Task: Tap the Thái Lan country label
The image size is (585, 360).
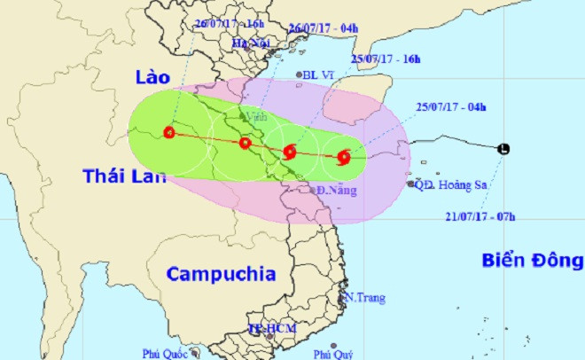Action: [123, 176]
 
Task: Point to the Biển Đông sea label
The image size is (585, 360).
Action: [533, 260]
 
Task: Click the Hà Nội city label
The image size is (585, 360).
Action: [249, 43]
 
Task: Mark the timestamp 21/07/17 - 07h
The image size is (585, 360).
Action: [480, 214]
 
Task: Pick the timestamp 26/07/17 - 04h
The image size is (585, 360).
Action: [324, 27]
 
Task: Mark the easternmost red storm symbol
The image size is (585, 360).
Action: [344, 158]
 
